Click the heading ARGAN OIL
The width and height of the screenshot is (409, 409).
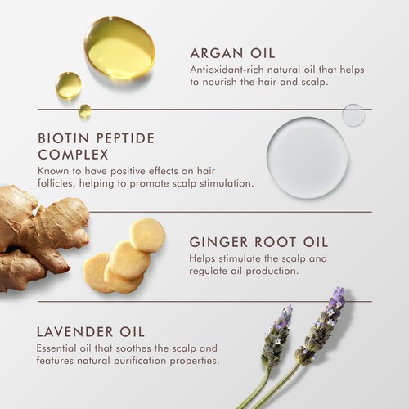pyautogui.click(x=232, y=53)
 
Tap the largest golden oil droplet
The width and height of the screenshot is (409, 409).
pyautogui.click(x=119, y=47)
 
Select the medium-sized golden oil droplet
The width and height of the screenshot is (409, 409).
pyautogui.click(x=69, y=85)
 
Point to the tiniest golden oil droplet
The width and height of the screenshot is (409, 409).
pyautogui.click(x=85, y=110)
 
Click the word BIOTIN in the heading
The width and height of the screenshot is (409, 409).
pyautogui.click(x=64, y=138)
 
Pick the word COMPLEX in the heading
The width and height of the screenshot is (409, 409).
pyautogui.click(x=73, y=155)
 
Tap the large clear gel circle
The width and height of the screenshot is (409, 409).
pyautogui.click(x=308, y=158)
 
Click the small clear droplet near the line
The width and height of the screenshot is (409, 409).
pyautogui.click(x=353, y=115)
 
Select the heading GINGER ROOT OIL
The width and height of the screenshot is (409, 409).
pyautogui.click(x=258, y=242)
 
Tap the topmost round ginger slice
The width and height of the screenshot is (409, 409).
pyautogui.click(x=147, y=236)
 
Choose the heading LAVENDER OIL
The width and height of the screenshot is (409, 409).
pyautogui.click(x=91, y=332)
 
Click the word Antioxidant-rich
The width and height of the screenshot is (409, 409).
pyautogui.click(x=227, y=70)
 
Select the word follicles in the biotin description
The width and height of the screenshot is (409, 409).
pyautogui.click(x=56, y=183)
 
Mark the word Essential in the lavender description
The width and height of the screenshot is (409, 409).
pyautogui.click(x=56, y=348)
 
